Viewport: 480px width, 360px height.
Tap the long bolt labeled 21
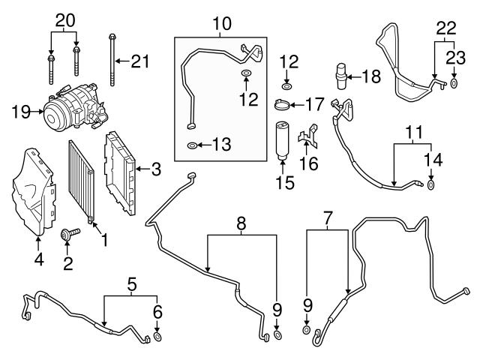click(x=112, y=64)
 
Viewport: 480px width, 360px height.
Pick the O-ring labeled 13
click(x=193, y=144)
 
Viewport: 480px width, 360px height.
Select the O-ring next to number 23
click(x=454, y=83)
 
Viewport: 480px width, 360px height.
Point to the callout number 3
click(x=156, y=169)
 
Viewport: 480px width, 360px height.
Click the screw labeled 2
click(x=74, y=235)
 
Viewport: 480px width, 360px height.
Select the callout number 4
click(x=39, y=261)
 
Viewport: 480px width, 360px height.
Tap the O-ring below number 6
click(x=157, y=337)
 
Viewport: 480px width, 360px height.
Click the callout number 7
click(x=326, y=219)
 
